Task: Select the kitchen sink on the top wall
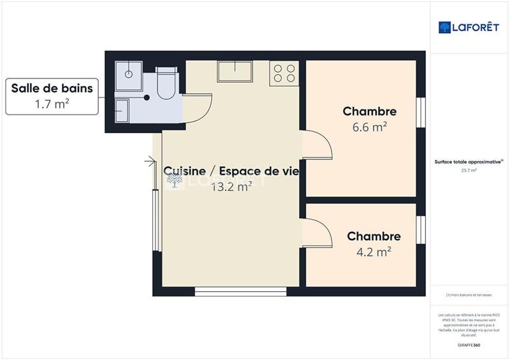click(235, 71)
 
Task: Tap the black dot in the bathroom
click(147, 97)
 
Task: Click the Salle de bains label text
click(52, 88)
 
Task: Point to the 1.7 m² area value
click(52, 103)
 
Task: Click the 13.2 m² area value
click(231, 186)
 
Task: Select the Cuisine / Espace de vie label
click(231, 171)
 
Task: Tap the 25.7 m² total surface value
click(469, 170)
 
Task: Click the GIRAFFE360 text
click(469, 343)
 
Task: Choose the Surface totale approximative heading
click(469, 162)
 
